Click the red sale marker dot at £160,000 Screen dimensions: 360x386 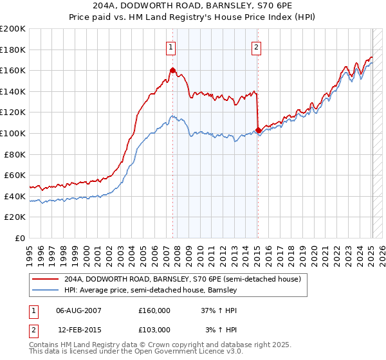172,71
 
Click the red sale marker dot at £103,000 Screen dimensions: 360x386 258,130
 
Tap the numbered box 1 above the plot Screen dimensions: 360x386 171,46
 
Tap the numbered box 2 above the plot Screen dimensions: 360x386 257,46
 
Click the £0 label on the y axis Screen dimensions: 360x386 21,238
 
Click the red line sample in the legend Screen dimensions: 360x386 46,280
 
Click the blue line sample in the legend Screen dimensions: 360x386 46,291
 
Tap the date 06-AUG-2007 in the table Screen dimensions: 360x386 79,310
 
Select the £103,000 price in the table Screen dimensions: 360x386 154,329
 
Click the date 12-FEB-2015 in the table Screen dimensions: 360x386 79,329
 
